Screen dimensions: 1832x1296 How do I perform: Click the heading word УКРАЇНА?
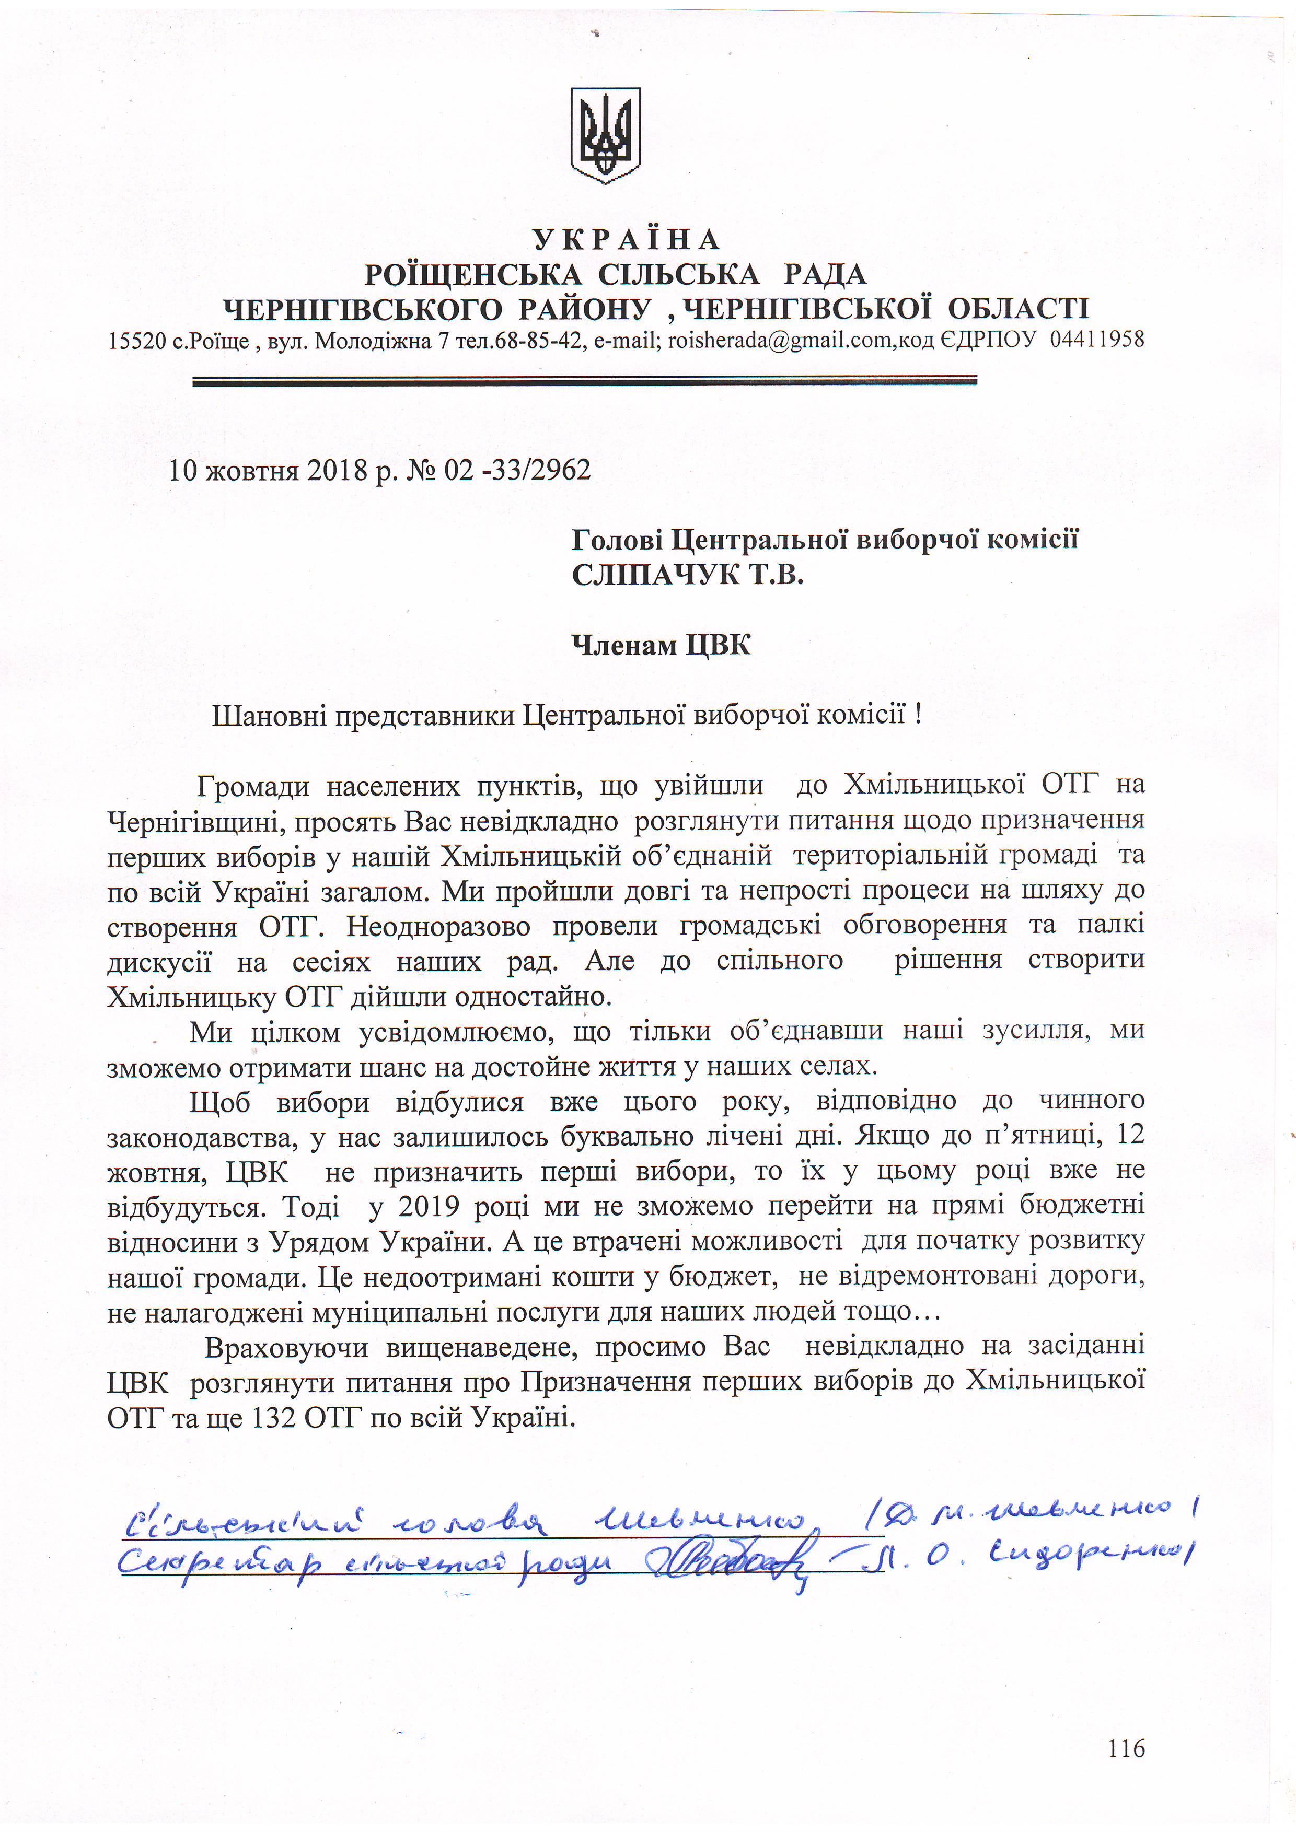click(627, 239)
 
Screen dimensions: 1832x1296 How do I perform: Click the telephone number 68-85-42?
click(540, 341)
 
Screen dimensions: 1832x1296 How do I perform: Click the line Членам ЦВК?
click(661, 645)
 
